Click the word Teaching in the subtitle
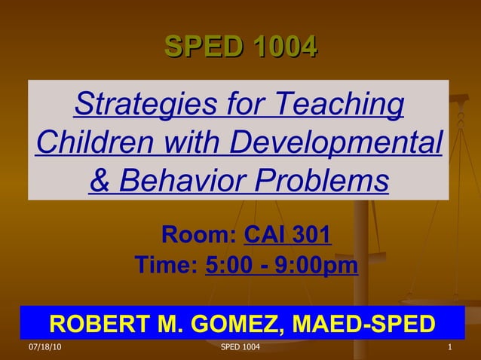pyautogui.click(x=342, y=105)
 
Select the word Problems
pyautogui.click(x=324, y=180)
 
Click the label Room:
pyautogui.click(x=200, y=235)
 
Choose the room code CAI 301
pyautogui.click(x=288, y=235)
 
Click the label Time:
pyautogui.click(x=166, y=266)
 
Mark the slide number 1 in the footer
pyautogui.click(x=449, y=348)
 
